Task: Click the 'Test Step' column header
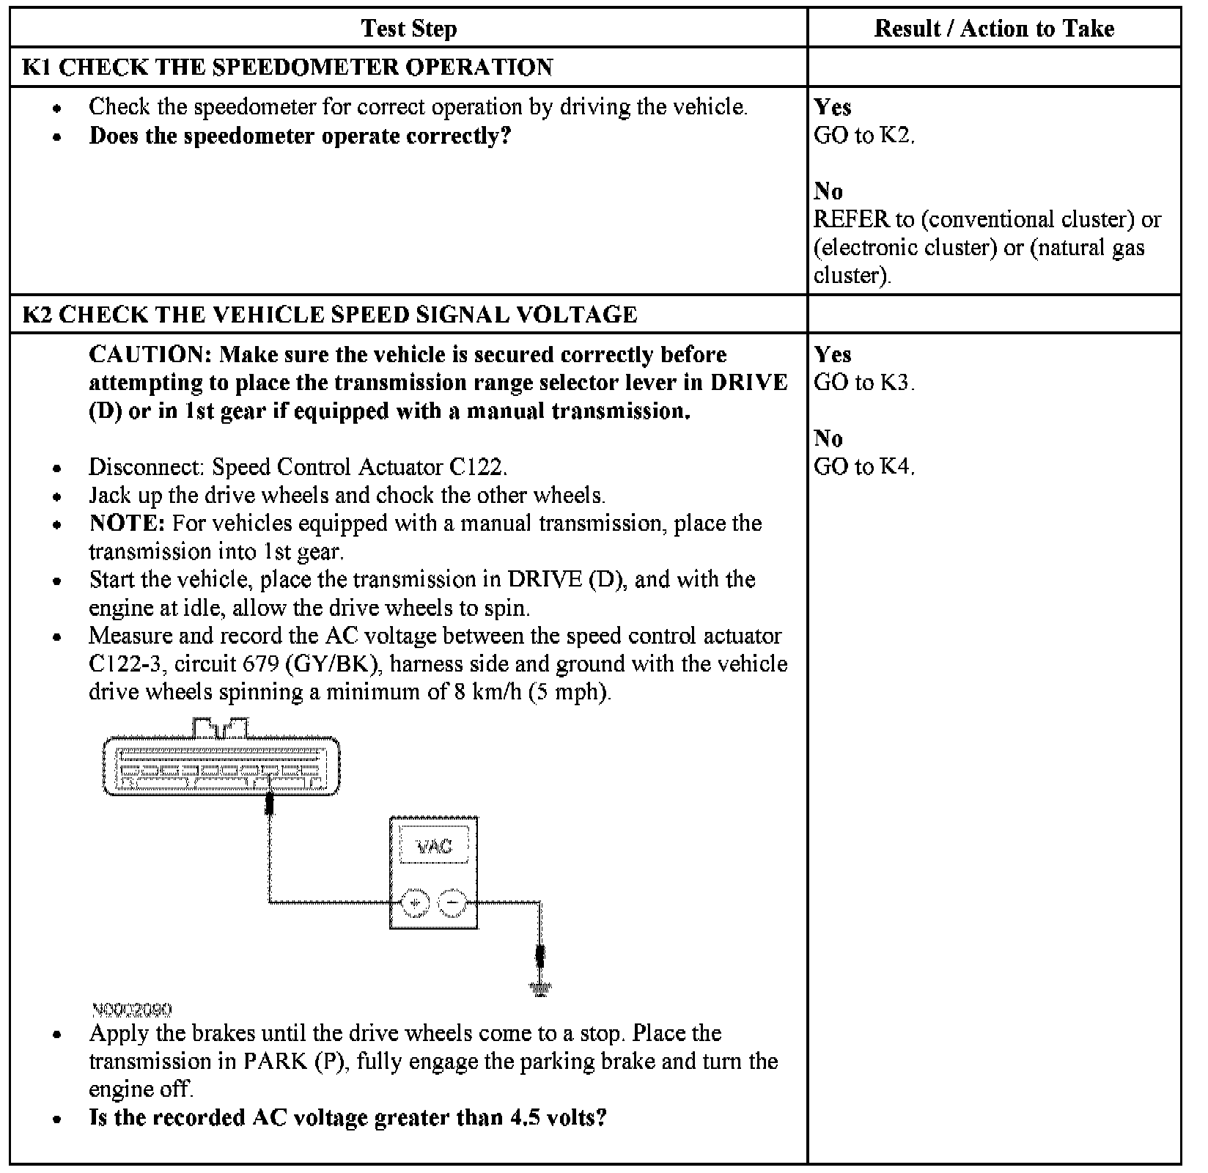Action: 408,29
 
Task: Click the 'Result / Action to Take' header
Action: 993,29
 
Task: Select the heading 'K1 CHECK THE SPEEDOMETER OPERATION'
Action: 287,67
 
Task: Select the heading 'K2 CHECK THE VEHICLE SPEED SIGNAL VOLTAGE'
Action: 330,315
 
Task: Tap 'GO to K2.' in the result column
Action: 863,136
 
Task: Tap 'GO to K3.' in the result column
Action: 863,383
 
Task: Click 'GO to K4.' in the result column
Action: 863,466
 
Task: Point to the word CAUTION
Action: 150,355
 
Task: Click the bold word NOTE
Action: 127,523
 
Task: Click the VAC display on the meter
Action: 434,847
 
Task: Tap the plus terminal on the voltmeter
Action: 415,902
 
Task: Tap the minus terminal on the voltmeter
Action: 452,902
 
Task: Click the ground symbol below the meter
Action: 540,990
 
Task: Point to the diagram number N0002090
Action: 132,1010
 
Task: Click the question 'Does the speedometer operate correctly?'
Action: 299,136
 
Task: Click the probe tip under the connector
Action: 270,805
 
